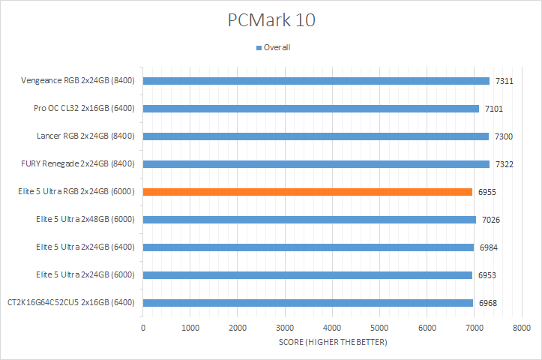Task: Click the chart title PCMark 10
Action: (x=271, y=20)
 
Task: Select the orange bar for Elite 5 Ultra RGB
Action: (x=307, y=192)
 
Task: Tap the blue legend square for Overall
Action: (x=259, y=47)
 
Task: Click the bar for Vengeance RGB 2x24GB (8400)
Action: (x=316, y=81)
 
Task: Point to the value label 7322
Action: (x=504, y=164)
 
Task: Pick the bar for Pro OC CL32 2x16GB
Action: (x=310, y=109)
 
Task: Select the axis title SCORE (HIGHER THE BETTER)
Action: (x=332, y=343)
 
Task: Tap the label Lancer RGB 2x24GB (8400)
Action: (x=83, y=136)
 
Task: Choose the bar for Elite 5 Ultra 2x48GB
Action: (x=309, y=220)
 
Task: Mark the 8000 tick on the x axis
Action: (x=522, y=328)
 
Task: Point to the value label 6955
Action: (x=487, y=192)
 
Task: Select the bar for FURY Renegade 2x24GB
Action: (x=316, y=164)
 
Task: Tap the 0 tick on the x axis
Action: (x=143, y=328)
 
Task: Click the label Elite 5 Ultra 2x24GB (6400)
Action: (x=85, y=247)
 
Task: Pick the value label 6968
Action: (x=487, y=303)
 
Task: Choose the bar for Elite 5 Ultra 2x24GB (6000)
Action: (x=307, y=275)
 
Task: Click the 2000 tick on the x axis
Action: (x=238, y=328)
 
